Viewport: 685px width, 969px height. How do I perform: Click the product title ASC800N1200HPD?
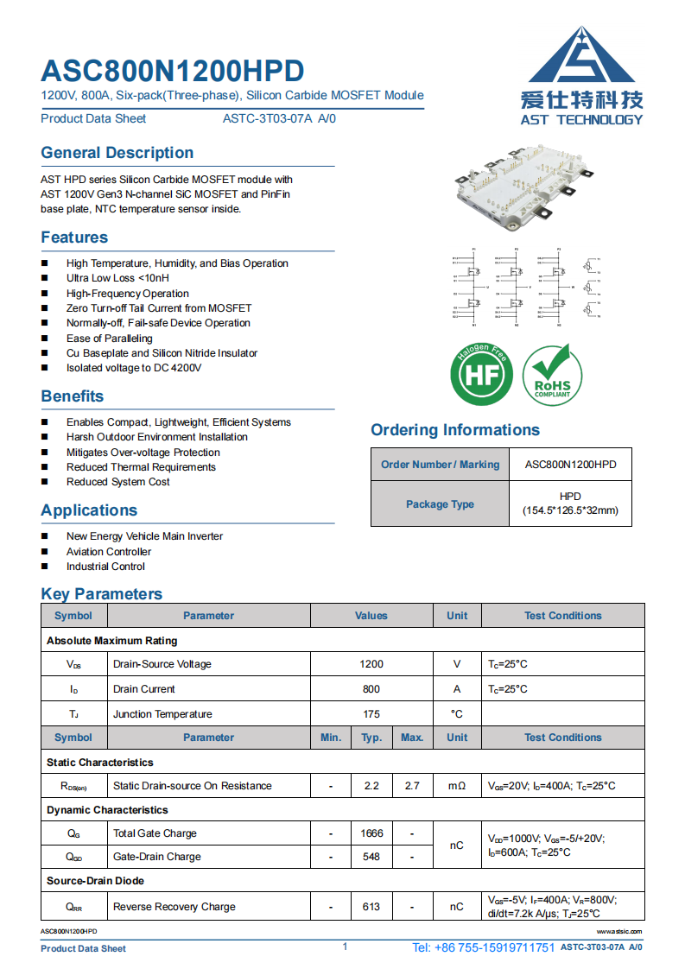click(x=173, y=71)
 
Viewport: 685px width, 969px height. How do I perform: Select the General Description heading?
click(x=117, y=153)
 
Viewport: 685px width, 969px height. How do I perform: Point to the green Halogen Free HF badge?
click(x=481, y=374)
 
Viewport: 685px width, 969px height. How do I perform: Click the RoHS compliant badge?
click(x=552, y=374)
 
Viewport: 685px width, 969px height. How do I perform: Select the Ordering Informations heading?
click(x=455, y=430)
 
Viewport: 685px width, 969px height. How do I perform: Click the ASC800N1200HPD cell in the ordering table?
click(x=570, y=465)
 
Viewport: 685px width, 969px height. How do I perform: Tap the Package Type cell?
click(x=440, y=504)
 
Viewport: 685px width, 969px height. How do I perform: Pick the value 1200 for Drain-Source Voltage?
click(x=371, y=664)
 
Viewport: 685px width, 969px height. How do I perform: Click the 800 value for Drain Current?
click(x=371, y=689)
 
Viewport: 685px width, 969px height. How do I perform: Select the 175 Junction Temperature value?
click(x=371, y=714)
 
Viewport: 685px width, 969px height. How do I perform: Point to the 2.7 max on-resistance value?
click(x=412, y=786)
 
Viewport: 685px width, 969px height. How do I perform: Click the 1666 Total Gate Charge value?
click(x=371, y=833)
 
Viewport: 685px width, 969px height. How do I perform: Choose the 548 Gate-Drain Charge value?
click(x=371, y=857)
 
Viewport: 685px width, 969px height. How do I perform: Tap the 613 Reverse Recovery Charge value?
click(x=371, y=907)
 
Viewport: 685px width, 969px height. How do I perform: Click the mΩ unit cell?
click(x=457, y=786)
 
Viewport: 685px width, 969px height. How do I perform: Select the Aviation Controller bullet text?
click(x=109, y=552)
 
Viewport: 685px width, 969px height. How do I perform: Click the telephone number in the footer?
click(x=484, y=947)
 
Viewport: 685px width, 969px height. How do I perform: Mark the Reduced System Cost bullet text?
click(x=118, y=482)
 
